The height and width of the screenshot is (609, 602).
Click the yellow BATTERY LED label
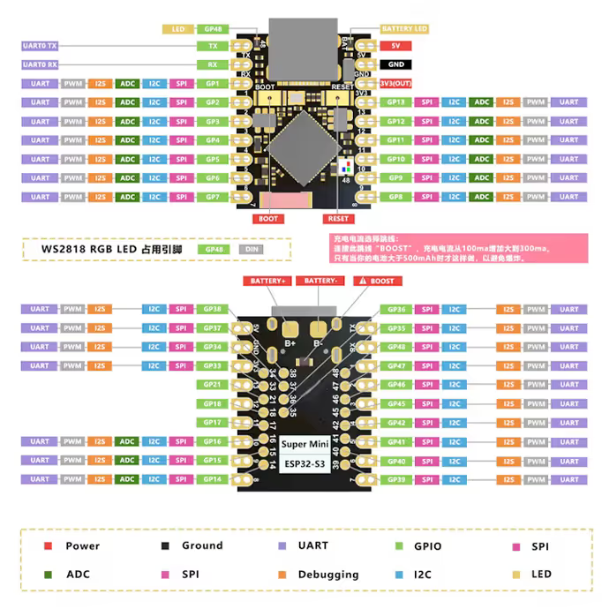[x=404, y=29]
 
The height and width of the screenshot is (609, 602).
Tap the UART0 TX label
[x=40, y=45]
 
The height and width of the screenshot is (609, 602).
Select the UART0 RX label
[x=40, y=64]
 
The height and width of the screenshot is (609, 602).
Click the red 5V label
[x=395, y=45]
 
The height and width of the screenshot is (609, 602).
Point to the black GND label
[x=395, y=64]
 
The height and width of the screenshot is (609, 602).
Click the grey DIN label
[x=251, y=250]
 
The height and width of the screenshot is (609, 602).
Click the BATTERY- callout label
[x=319, y=281]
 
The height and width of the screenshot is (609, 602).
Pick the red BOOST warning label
[x=376, y=281]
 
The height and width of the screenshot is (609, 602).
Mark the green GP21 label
[x=212, y=385]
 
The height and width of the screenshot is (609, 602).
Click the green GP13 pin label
[x=395, y=102]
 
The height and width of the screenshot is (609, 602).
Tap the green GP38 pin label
[x=212, y=309]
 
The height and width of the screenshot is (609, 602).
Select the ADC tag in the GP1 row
[x=128, y=84]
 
